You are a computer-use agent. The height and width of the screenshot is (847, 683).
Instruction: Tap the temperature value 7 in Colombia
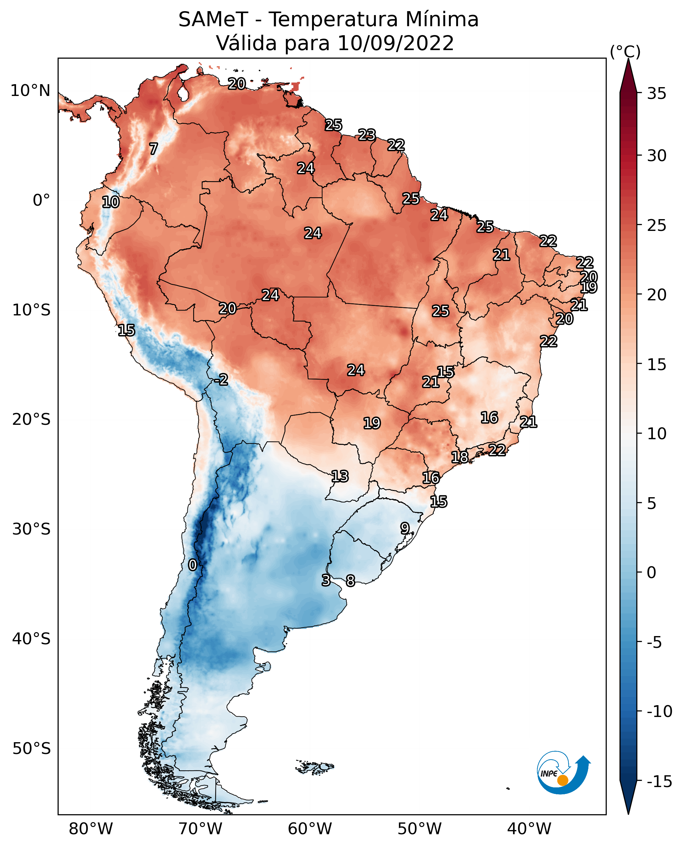154,149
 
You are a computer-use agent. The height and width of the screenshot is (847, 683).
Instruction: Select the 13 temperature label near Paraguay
340,476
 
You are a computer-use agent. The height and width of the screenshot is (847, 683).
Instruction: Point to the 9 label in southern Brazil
405,528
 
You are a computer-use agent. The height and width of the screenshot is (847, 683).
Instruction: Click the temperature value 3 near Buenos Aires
326,580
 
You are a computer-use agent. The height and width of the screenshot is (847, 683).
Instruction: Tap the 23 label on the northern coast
367,135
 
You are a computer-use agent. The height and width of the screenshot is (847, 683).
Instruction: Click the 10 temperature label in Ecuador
111,202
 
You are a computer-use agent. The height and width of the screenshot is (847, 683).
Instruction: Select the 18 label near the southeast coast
459,457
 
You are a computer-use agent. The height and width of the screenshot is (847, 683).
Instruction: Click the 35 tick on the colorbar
656,94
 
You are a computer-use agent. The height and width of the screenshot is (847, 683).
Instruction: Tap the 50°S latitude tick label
31,748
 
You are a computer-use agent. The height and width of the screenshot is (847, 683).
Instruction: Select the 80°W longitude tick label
91,829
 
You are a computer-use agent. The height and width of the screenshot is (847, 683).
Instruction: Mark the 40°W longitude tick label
529,829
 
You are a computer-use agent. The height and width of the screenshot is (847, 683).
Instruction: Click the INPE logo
563,772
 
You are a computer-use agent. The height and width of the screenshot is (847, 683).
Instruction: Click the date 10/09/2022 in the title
396,43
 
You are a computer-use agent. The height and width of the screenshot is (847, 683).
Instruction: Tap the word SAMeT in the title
213,20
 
